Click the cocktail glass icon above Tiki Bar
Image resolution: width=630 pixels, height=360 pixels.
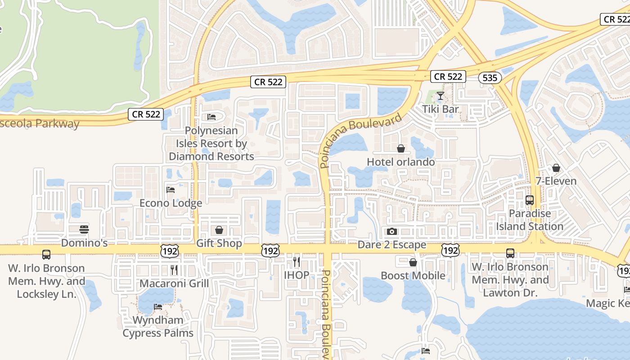click(x=441, y=96)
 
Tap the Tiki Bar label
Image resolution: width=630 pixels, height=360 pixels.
click(x=441, y=109)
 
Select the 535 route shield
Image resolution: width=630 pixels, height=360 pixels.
click(x=490, y=78)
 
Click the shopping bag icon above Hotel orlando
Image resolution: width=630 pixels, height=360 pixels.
click(x=401, y=148)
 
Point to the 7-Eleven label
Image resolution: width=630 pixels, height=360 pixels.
click(x=556, y=181)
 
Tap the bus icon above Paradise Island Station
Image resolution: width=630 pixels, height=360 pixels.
click(x=530, y=200)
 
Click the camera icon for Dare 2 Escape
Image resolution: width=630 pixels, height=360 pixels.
click(x=392, y=231)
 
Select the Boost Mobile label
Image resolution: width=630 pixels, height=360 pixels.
click(x=413, y=275)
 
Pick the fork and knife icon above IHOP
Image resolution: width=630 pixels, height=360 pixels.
click(x=296, y=261)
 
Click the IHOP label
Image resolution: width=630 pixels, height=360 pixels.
click(x=297, y=275)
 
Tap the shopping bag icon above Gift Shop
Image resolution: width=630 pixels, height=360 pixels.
click(x=219, y=230)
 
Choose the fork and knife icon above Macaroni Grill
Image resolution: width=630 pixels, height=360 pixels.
click(x=174, y=270)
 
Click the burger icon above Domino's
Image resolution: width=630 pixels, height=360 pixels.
click(x=84, y=229)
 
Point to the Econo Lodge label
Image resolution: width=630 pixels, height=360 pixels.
click(x=171, y=203)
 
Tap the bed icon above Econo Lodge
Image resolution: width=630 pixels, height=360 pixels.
click(x=171, y=189)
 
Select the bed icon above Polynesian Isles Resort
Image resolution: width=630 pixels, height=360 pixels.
click(x=211, y=117)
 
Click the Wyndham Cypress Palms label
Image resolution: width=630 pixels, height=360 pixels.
click(x=158, y=327)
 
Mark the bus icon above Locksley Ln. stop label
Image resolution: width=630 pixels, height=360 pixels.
click(x=46, y=255)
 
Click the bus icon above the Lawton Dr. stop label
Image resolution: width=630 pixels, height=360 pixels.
click(x=510, y=253)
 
